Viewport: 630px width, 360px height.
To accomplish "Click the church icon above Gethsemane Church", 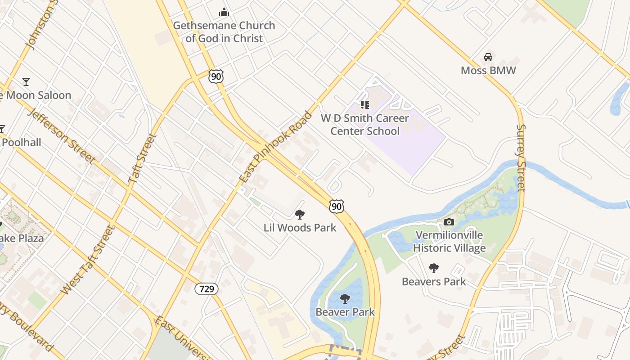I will pos(224,12).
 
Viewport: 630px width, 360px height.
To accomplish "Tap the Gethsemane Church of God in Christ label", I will pos(224,32).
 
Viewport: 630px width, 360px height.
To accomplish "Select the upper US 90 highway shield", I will pos(216,76).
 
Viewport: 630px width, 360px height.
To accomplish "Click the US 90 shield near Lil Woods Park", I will pos(336,207).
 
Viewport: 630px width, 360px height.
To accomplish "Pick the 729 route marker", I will pos(207,288).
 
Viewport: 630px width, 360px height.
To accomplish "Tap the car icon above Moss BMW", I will pos(488,57).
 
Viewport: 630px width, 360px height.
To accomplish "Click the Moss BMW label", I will pos(488,71).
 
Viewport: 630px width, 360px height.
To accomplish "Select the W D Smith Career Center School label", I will pos(364,125).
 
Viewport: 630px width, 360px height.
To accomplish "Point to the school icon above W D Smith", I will pos(364,105).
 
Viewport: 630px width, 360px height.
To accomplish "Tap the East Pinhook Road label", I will pos(275,147).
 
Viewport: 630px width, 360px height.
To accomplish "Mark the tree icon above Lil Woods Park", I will pos(299,215).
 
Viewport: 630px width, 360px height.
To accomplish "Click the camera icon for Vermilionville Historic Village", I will pos(449,222).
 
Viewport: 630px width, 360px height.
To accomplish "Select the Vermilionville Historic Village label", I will pos(449,242).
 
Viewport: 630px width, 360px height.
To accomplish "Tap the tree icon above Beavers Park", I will pos(433,269).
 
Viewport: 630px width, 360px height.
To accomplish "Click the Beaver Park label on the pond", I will pos(345,312).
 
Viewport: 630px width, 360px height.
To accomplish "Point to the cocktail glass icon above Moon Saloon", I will pos(26,82).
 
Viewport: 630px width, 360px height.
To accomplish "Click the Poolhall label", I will pos(21,143).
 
